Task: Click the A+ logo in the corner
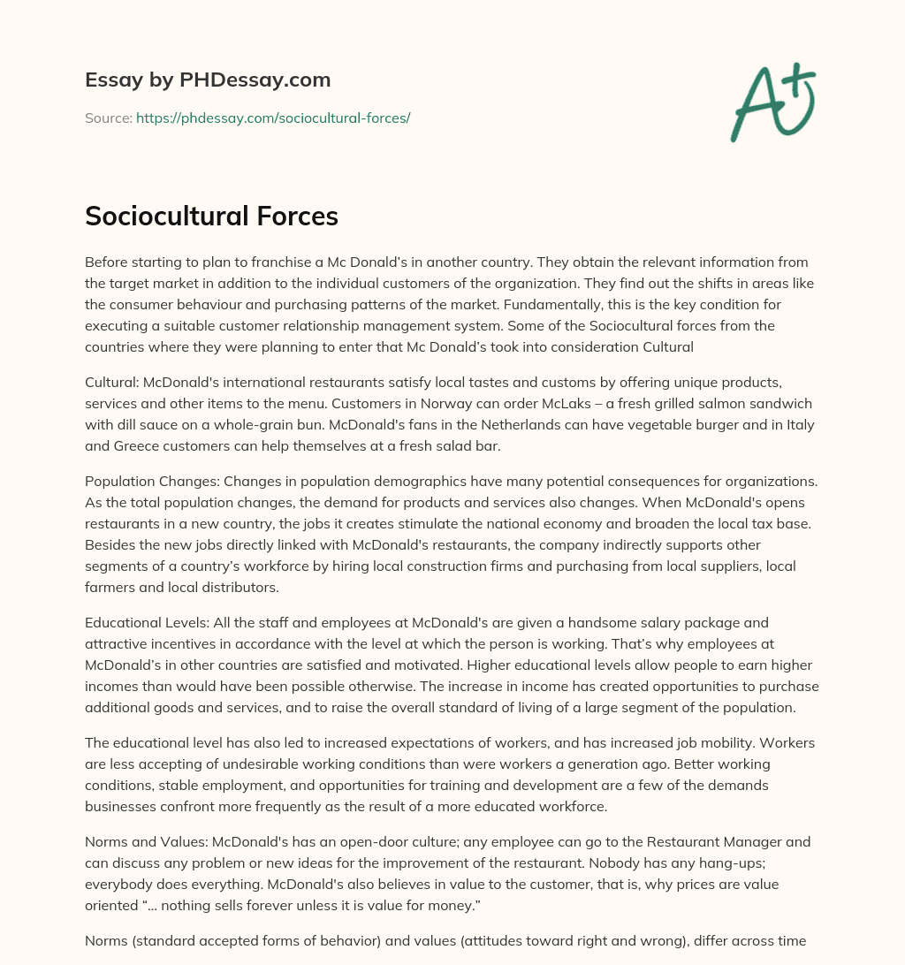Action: pyautogui.click(x=772, y=102)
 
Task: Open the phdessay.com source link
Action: pyautogui.click(x=272, y=118)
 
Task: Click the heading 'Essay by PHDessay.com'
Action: pyautogui.click(x=208, y=80)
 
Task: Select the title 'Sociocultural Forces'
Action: pyautogui.click(x=211, y=217)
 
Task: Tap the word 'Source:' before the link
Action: pyautogui.click(x=108, y=118)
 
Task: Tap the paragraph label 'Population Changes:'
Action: pyautogui.click(x=151, y=481)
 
